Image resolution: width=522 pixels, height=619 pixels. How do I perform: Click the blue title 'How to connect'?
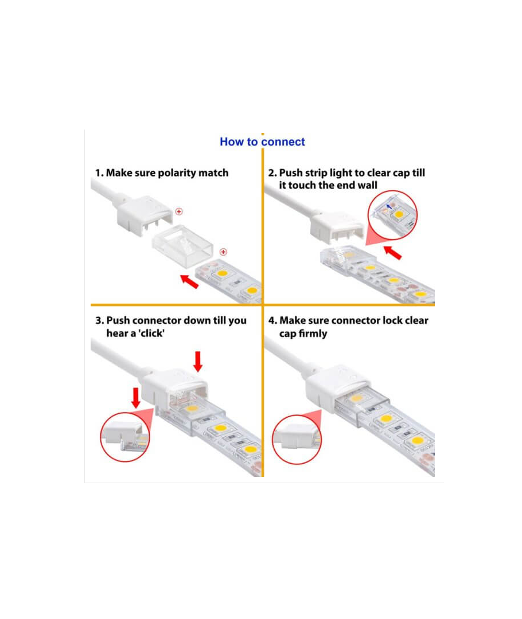pyautogui.click(x=262, y=142)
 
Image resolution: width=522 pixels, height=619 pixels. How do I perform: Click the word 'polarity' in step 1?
pyautogui.click(x=177, y=173)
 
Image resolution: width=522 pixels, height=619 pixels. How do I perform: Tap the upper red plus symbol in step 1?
pyautogui.click(x=179, y=211)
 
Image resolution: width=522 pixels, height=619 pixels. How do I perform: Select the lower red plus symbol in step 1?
pyautogui.click(x=223, y=252)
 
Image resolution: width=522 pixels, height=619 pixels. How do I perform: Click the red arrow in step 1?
pyautogui.click(x=189, y=281)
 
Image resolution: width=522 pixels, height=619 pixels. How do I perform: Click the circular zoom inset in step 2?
pyautogui.click(x=392, y=215)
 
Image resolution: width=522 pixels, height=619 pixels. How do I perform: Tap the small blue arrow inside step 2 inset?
pyautogui.click(x=389, y=206)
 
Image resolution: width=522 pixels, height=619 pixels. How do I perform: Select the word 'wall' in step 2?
pyautogui.click(x=368, y=185)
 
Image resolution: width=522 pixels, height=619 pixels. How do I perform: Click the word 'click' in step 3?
pyautogui.click(x=151, y=333)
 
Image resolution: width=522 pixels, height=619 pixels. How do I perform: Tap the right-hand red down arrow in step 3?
pyautogui.click(x=198, y=361)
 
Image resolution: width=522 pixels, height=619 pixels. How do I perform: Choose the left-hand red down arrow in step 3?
pyautogui.click(x=136, y=398)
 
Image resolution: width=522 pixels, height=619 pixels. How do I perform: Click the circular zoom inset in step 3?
pyautogui.click(x=125, y=437)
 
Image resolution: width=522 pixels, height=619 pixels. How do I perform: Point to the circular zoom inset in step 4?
pyautogui.click(x=297, y=439)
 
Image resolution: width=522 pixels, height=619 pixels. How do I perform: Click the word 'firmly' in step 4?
pyautogui.click(x=313, y=334)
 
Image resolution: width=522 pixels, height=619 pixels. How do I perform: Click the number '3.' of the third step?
pyautogui.click(x=100, y=320)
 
